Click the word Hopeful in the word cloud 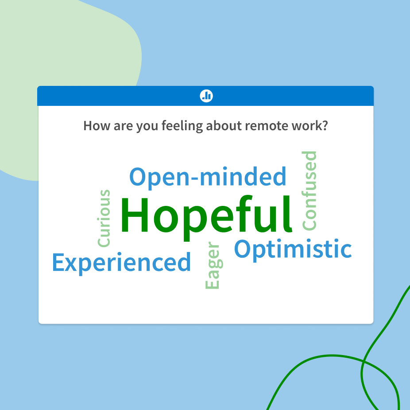click(x=206, y=216)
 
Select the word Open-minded click(x=208, y=177)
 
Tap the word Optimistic click(x=293, y=249)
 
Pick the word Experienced click(x=121, y=263)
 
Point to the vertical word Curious click(x=104, y=219)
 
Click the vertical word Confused click(x=309, y=191)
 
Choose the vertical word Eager click(x=213, y=266)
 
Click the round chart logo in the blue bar click(x=206, y=96)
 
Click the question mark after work click(x=325, y=126)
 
